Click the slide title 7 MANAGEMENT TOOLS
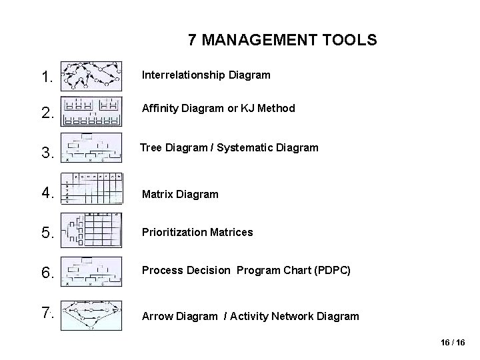pos(282,40)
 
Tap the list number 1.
pos(47,77)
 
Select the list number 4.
pos(47,193)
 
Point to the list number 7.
pos(47,313)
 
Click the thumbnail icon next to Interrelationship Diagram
pos(91,76)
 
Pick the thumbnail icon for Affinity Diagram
pos(91,111)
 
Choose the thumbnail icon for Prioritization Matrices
pos(91,230)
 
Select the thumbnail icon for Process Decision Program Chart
pos(91,271)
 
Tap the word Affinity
pos(159,108)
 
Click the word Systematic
pos(242,147)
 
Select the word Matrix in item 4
pos(157,195)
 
